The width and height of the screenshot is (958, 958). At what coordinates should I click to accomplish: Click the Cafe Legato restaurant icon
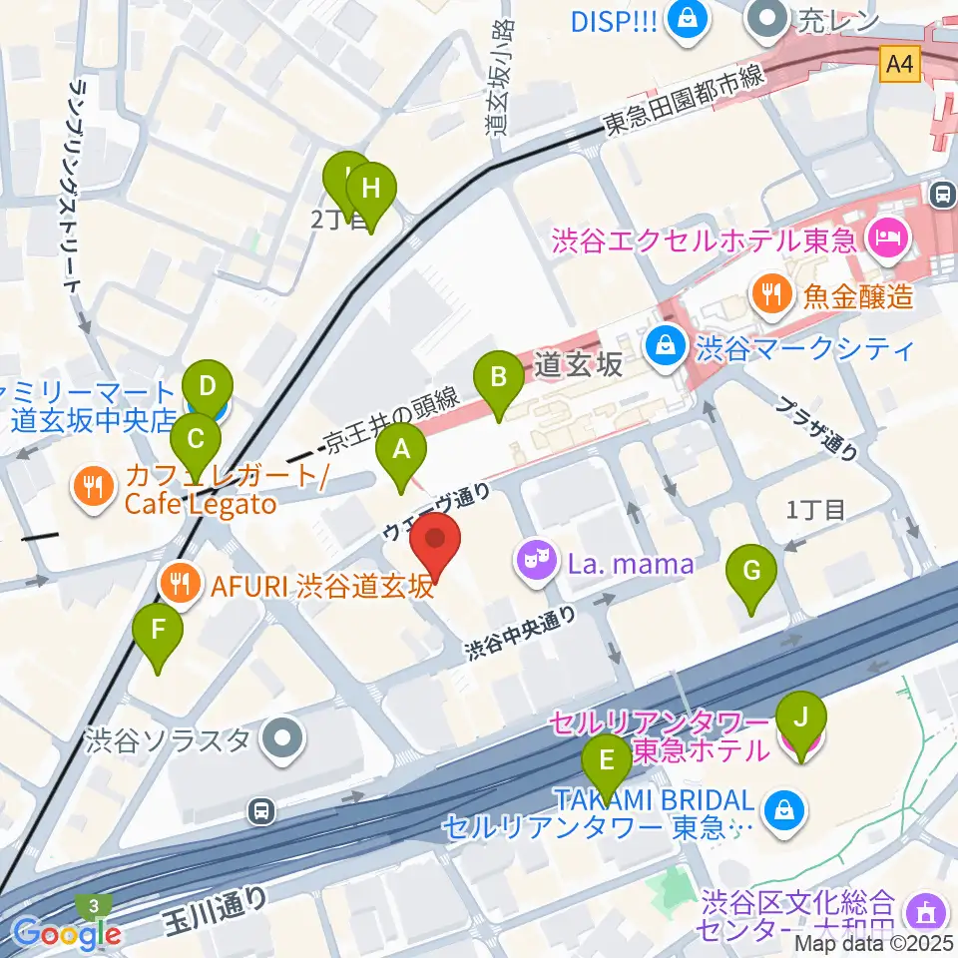(x=95, y=488)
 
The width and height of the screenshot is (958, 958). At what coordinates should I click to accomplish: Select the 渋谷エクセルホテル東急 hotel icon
(x=884, y=239)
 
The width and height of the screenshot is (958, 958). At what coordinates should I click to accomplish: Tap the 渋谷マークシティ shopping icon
(x=663, y=348)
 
